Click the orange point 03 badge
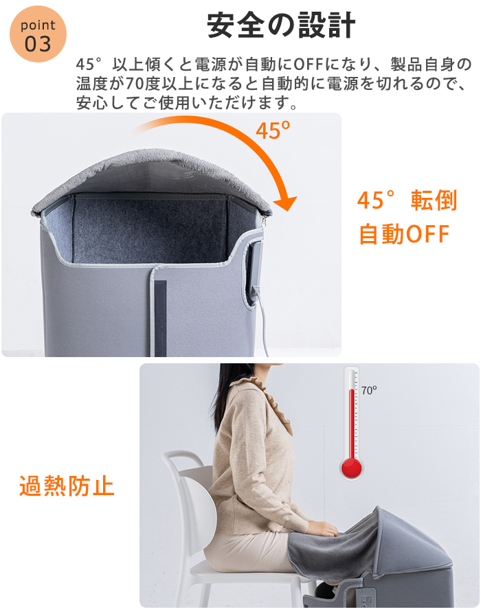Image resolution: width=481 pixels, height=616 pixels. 38,34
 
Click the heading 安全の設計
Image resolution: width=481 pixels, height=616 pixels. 281,25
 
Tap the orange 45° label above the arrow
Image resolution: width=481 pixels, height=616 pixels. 273,130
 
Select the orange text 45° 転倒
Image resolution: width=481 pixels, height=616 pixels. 407,200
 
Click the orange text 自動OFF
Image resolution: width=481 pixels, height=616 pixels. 404,234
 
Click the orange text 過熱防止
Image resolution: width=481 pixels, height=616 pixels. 67,486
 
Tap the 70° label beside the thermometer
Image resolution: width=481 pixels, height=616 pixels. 368,390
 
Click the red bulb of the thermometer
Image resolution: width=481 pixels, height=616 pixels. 351,468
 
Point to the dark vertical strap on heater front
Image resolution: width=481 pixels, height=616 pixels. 160,318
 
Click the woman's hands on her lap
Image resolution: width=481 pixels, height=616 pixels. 322,527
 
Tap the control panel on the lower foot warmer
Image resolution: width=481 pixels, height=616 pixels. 368,595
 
